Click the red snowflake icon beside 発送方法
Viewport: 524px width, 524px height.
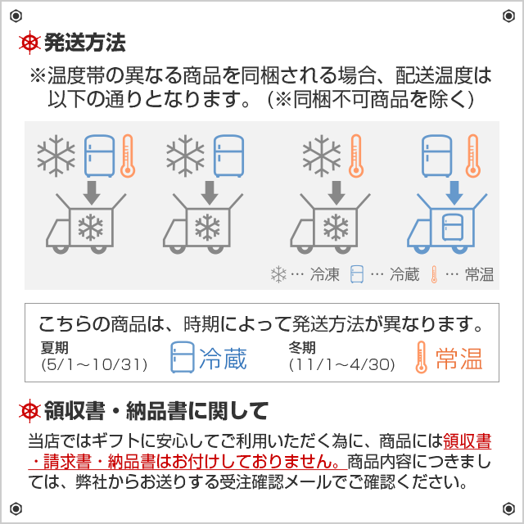pos(30,42)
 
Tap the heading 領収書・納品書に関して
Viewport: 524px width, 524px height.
pos(156,409)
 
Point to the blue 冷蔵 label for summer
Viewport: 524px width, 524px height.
pos(224,358)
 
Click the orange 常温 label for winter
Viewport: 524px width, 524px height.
pos(458,358)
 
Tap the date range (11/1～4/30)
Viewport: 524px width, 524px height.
pos(342,364)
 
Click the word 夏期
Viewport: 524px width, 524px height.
pos(52,348)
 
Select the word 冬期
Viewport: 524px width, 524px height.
pos(301,348)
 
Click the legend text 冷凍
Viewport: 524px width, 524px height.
pos(324,275)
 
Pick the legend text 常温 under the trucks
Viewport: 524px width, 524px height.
pos(479,275)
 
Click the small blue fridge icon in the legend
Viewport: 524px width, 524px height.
pos(356,275)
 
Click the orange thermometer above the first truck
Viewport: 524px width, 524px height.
pos(127,156)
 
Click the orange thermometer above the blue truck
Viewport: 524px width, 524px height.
pos(472,156)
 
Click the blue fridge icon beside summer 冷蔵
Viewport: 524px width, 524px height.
pos(183,358)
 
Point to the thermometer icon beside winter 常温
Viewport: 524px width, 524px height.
pos(422,358)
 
